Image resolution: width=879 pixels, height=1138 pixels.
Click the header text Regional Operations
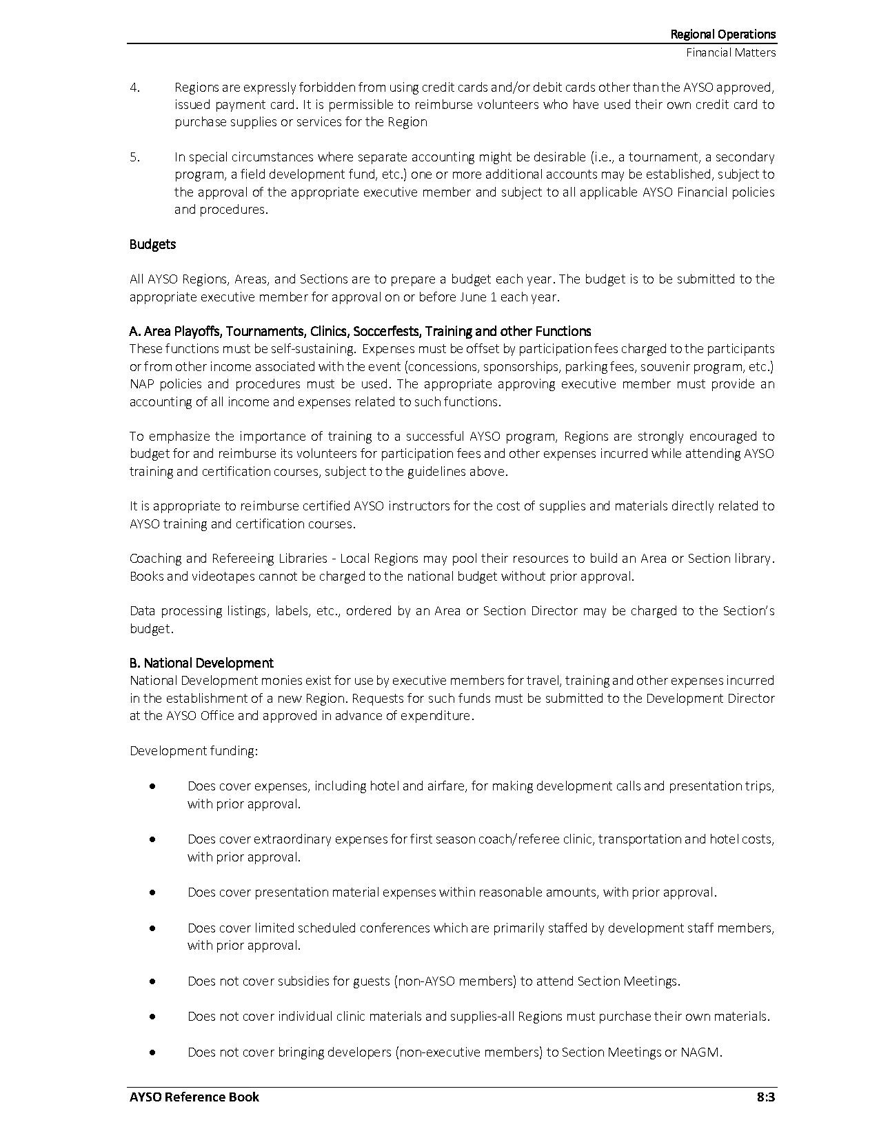[723, 34]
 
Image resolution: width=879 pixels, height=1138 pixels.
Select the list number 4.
[134, 88]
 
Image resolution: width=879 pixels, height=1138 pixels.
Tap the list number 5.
[134, 157]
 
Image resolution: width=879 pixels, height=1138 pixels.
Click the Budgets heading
[152, 244]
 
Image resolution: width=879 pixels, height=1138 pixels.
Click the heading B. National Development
[201, 663]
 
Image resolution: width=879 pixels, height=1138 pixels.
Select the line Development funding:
[194, 750]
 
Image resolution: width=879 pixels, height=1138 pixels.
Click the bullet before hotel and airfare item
[152, 786]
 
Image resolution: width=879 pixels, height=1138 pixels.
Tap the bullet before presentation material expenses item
[152, 892]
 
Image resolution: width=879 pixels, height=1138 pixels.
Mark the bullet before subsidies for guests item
[152, 981]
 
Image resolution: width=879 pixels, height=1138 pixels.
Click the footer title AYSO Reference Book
[194, 1097]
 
